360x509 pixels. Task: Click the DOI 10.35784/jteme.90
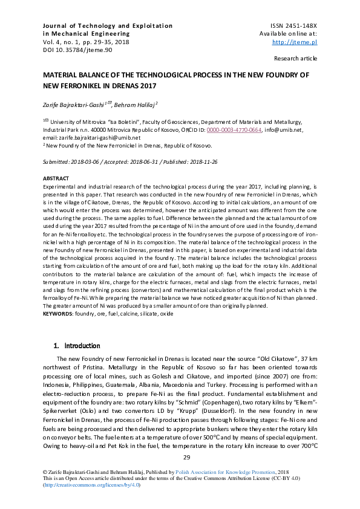click(73, 50)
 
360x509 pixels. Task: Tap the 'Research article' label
click(295, 59)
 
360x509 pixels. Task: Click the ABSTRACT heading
click(56, 179)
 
